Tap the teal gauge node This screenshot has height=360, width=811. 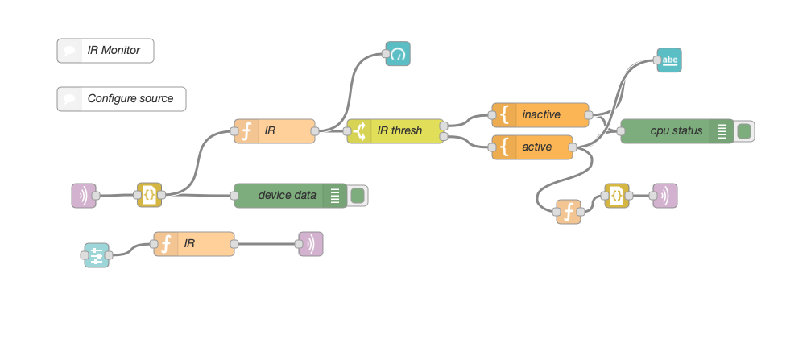click(x=398, y=54)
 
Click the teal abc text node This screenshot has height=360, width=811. click(x=669, y=60)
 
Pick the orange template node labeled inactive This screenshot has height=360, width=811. click(x=540, y=115)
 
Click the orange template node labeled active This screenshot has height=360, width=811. click(x=532, y=147)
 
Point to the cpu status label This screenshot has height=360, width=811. click(x=676, y=131)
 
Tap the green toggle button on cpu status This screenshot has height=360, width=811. click(x=744, y=131)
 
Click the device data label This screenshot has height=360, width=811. click(x=287, y=196)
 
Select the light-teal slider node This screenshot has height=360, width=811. click(x=97, y=255)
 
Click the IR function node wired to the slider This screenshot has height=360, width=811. click(x=194, y=244)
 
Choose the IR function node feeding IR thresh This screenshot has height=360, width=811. click(x=275, y=131)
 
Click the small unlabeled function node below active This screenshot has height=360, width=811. click(x=569, y=212)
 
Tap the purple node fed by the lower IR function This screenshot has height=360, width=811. click(x=311, y=244)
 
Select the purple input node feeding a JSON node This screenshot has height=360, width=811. click(x=84, y=196)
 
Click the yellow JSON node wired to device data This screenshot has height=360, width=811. click(x=149, y=196)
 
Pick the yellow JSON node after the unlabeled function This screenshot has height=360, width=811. click(x=616, y=196)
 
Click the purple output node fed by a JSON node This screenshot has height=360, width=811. click(x=665, y=196)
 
